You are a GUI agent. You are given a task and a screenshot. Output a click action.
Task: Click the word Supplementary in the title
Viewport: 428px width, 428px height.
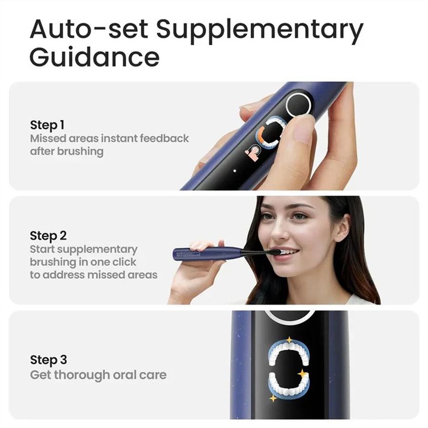click(x=260, y=30)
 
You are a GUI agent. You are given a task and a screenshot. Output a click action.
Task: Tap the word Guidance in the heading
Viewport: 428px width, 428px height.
click(x=95, y=58)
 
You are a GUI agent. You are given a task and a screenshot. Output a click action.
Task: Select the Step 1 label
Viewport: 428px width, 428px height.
click(x=47, y=125)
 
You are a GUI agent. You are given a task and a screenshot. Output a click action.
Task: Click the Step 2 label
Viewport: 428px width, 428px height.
click(x=48, y=236)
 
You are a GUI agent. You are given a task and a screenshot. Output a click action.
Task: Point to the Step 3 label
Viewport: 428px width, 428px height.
click(x=49, y=360)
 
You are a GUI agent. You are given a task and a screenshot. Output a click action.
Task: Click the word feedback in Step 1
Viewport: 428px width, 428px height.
click(x=164, y=138)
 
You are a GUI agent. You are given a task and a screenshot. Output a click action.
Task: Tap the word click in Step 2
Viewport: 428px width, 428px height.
click(x=124, y=262)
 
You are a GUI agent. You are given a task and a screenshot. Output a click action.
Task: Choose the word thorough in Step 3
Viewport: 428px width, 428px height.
click(x=82, y=375)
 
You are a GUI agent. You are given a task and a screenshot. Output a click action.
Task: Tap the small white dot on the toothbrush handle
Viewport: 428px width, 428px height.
click(x=235, y=171)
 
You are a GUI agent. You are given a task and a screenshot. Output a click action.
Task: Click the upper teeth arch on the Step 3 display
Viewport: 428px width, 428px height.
click(x=289, y=354)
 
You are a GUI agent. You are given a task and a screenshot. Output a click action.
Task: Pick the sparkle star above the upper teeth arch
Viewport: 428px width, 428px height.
click(x=289, y=340)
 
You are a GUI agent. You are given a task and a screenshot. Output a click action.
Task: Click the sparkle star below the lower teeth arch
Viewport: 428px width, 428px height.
click(x=272, y=398)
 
